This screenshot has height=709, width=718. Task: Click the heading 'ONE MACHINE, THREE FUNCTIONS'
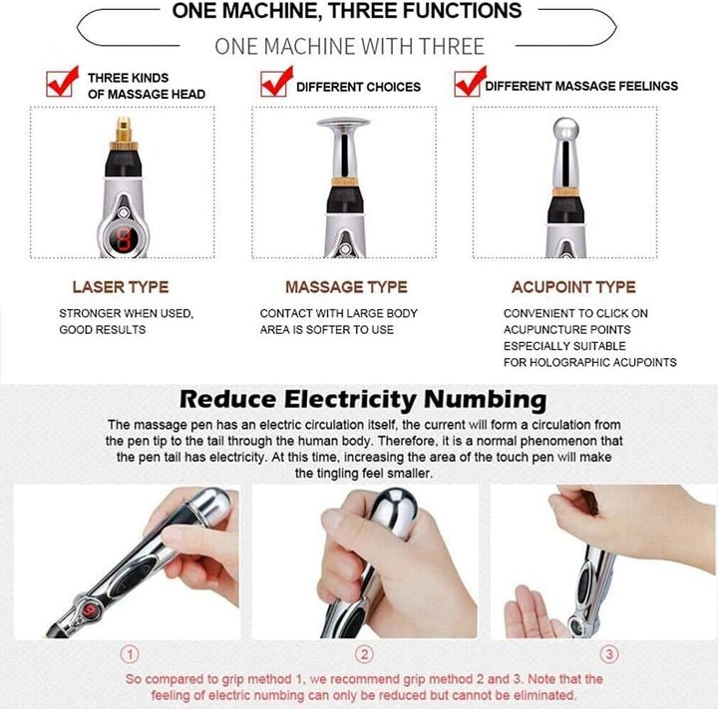click(346, 12)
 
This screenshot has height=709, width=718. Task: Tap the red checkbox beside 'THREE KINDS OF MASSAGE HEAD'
click(62, 83)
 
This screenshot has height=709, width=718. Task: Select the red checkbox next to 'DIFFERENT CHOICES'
click(274, 83)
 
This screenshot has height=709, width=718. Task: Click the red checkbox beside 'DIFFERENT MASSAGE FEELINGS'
click(467, 83)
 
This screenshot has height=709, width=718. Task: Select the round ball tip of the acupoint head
click(563, 132)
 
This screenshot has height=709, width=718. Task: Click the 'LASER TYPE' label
click(120, 287)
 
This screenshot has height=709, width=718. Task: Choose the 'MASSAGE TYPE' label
click(346, 287)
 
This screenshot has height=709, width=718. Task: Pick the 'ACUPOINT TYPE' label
click(572, 287)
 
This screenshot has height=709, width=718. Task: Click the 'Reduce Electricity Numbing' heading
click(362, 400)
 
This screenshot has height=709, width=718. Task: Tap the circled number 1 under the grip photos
click(130, 655)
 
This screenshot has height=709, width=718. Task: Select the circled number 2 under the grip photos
click(365, 655)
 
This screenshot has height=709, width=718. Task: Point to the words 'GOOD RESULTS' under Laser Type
click(103, 330)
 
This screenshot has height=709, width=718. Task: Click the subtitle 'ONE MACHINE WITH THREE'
click(349, 46)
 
